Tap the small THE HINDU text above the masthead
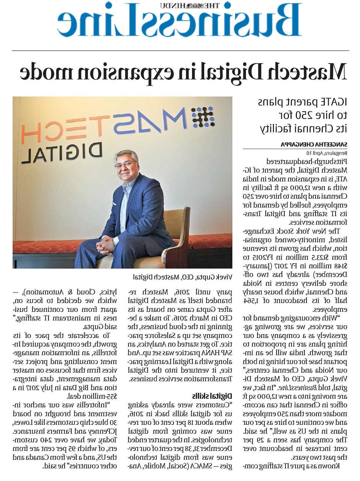click(x=195, y=5)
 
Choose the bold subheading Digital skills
click(x=217, y=395)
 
